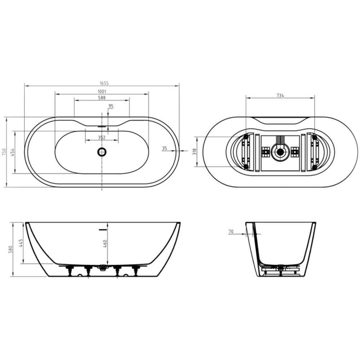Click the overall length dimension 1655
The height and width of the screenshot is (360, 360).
pyautogui.click(x=102, y=83)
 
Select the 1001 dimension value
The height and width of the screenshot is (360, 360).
pyautogui.click(x=102, y=91)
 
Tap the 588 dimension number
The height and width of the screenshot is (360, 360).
pyautogui.click(x=102, y=98)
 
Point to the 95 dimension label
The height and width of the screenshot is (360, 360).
pyautogui.click(x=111, y=106)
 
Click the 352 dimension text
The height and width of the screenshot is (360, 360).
pyautogui.click(x=102, y=138)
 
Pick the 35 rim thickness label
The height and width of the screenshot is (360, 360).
pyautogui.click(x=165, y=148)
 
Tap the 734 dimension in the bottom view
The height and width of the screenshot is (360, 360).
pyautogui.click(x=280, y=95)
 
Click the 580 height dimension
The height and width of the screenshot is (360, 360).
pyautogui.click(x=11, y=249)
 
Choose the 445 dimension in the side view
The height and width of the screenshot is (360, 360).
pyautogui.click(x=21, y=243)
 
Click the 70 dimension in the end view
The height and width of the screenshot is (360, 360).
pyautogui.click(x=231, y=232)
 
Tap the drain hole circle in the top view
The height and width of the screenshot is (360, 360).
pyautogui.click(x=102, y=152)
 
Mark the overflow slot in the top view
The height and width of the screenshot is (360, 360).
pyautogui.click(x=102, y=127)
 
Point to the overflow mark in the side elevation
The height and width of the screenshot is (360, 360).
pyautogui.click(x=103, y=228)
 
